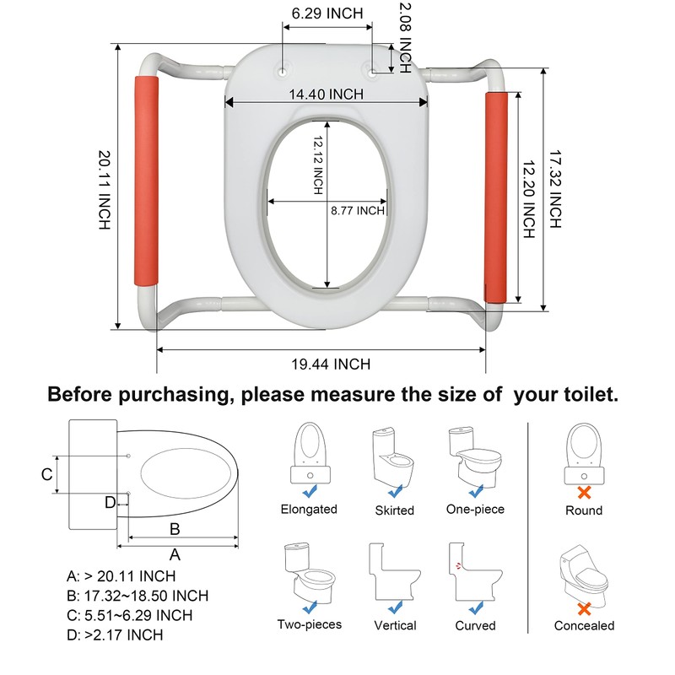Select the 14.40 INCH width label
(328, 93)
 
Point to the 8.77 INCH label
(357, 211)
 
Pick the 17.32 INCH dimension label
(554, 190)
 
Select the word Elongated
(309, 509)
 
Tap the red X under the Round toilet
(583, 492)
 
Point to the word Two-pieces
(309, 625)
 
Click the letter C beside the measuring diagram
(47, 473)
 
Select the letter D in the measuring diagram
(110, 503)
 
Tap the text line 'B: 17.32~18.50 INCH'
(138, 596)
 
